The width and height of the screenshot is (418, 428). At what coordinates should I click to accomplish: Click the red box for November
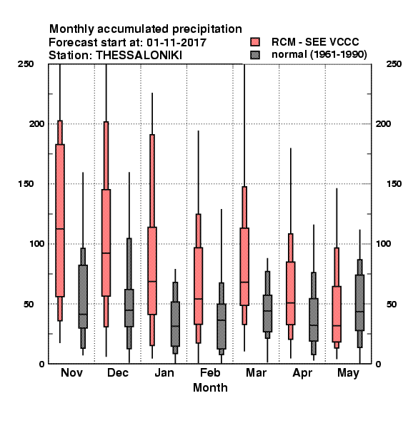pos(60,220)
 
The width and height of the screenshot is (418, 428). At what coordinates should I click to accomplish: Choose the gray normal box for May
pos(360,302)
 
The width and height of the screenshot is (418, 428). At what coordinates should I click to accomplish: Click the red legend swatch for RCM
pos(255,42)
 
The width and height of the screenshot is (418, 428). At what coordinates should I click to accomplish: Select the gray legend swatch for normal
pos(255,55)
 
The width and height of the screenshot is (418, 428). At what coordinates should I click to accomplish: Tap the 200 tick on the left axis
pos(37,123)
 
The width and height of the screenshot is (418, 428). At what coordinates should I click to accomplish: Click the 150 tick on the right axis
pos(394,184)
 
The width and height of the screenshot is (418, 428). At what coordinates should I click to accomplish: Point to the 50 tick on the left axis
pos(30,304)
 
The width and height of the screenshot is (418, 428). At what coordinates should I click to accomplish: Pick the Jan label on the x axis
pos(164,372)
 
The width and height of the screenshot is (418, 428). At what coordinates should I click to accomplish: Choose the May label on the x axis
pos(348,373)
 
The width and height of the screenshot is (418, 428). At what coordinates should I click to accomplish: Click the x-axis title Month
pos(210,387)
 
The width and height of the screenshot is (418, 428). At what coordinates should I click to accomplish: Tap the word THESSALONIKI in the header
pos(139,56)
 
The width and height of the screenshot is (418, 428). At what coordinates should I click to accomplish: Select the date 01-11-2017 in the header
pos(176,43)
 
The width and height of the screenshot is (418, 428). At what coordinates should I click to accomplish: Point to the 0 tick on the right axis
pos(378,364)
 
